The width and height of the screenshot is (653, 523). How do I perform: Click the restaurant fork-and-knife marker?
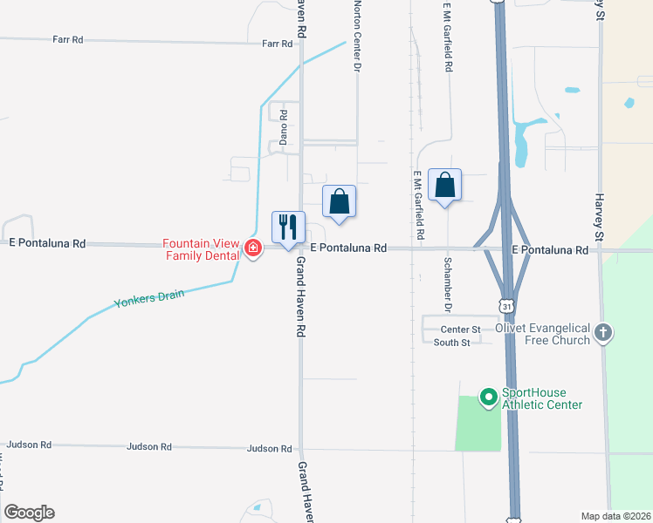[288, 228]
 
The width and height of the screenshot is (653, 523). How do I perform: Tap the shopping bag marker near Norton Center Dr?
[340, 201]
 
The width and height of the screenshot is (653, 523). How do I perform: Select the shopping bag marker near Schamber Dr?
[445, 186]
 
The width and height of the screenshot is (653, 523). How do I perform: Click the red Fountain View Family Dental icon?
[253, 248]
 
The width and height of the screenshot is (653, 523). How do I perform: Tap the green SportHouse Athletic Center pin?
[488, 398]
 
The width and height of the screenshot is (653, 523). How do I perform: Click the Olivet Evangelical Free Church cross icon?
[602, 332]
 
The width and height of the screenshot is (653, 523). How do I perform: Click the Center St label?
[460, 329]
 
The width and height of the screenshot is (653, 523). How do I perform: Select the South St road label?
[452, 343]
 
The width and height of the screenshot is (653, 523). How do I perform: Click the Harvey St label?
[601, 217]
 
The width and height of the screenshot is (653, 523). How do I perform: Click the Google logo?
[30, 513]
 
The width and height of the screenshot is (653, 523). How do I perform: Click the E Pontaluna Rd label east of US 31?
[550, 249]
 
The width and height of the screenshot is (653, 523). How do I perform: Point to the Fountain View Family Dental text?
[203, 249]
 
